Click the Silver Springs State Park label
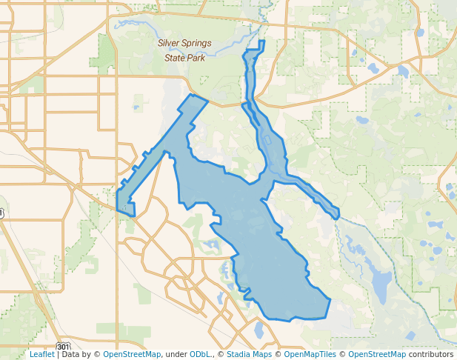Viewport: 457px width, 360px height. click(184, 49)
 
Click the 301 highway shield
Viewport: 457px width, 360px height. click(64, 346)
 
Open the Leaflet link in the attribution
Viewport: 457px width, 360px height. click(41, 355)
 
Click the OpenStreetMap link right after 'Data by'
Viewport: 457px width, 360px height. click(131, 355)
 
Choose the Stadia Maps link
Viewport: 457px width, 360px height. click(249, 355)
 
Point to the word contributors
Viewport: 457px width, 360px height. click(430, 355)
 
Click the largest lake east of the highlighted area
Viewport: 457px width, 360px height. click(381, 284)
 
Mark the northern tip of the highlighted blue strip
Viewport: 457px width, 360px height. click(262, 42)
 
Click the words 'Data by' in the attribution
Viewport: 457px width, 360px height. click(79, 355)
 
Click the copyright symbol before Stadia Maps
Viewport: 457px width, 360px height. click(221, 355)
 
